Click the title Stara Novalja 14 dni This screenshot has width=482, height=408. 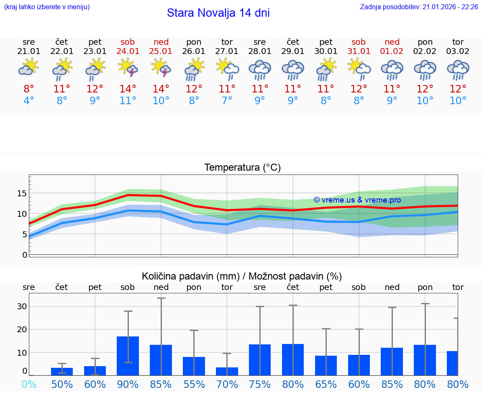[x=218, y=13]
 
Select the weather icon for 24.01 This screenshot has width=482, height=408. [x=128, y=68]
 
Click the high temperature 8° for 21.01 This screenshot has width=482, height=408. [x=29, y=89]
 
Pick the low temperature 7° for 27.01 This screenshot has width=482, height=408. [x=227, y=101]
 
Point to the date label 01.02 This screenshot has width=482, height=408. [x=392, y=51]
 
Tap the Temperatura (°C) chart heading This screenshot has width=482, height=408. [x=242, y=168]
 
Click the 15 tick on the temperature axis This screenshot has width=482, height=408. [x=22, y=193]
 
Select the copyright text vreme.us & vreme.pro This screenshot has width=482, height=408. [x=357, y=200]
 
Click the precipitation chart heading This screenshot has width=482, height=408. [x=242, y=276]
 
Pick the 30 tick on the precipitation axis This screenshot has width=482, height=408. [x=22, y=306]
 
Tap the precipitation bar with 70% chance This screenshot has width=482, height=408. [x=227, y=371]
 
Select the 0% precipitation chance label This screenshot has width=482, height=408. [x=29, y=384]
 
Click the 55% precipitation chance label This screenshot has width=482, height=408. [x=194, y=384]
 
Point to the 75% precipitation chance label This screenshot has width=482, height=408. [x=260, y=384]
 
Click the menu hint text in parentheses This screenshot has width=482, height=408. [x=46, y=7]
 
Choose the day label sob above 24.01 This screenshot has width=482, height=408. [x=128, y=42]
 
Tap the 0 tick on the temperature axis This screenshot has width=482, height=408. [x=25, y=255]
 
